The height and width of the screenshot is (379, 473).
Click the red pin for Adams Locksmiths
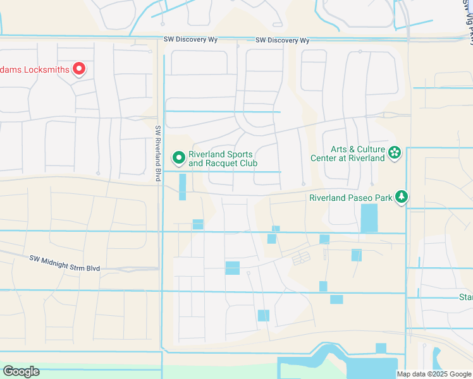(79, 68)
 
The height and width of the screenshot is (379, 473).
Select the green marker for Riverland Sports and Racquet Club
(179, 157)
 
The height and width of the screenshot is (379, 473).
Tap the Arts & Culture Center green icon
(395, 152)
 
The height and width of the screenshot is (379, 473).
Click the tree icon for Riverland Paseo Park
(402, 197)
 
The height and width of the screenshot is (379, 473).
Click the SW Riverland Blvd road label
(159, 153)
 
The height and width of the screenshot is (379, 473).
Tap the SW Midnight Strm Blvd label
(64, 263)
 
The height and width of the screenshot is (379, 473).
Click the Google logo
(21, 371)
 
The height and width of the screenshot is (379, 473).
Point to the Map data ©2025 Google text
(433, 374)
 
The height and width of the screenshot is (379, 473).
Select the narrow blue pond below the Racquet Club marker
(183, 187)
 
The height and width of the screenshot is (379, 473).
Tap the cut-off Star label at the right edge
(465, 297)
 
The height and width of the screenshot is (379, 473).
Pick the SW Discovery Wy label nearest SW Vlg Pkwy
(283, 40)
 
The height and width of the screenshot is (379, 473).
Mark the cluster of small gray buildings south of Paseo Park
(301, 258)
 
